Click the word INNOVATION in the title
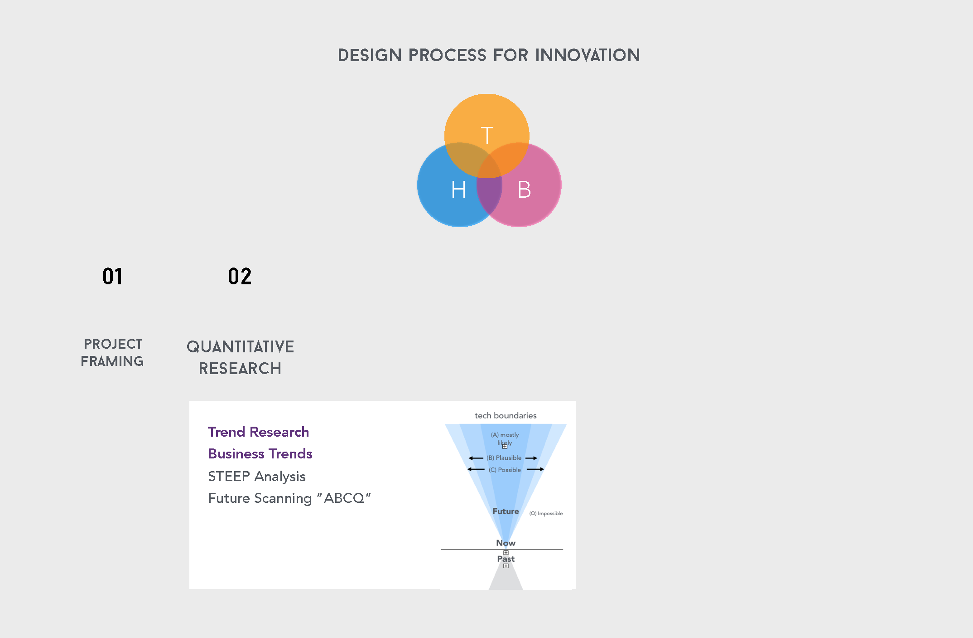pyautogui.click(x=588, y=55)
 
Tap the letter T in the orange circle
pyautogui.click(x=487, y=136)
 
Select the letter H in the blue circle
pyautogui.click(x=458, y=190)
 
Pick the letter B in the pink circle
pyautogui.click(x=524, y=190)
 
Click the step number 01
pyautogui.click(x=112, y=277)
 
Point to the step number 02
pyautogui.click(x=240, y=277)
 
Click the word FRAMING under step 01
pyautogui.click(x=112, y=361)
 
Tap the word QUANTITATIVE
pyautogui.click(x=240, y=347)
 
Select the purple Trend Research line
pyautogui.click(x=258, y=432)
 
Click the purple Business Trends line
pyautogui.click(x=260, y=454)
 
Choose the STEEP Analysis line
pyautogui.click(x=257, y=477)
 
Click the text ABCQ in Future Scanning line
pyautogui.click(x=344, y=498)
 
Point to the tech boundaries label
pyautogui.click(x=506, y=415)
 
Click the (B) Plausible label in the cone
pyautogui.click(x=504, y=458)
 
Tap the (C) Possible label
pyautogui.click(x=505, y=470)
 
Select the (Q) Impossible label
pyautogui.click(x=546, y=513)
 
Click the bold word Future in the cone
pyautogui.click(x=506, y=511)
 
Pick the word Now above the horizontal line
pyautogui.click(x=506, y=543)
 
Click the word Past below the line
pyautogui.click(x=506, y=559)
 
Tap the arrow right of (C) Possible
pyautogui.click(x=535, y=469)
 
